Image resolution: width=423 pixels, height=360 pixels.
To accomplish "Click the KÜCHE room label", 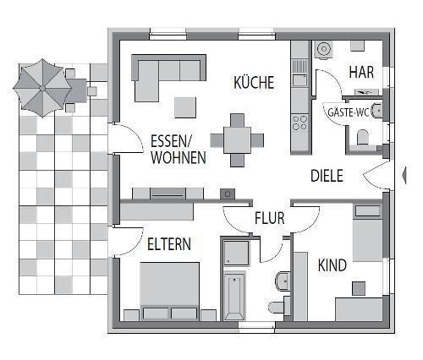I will pyautogui.click(x=254, y=83).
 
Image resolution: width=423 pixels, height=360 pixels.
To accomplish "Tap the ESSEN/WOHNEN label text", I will pyautogui.click(x=178, y=149).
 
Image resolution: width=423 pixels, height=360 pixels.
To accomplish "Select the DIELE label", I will pyautogui.click(x=327, y=177).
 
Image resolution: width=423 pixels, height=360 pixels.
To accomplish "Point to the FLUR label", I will pyautogui.click(x=269, y=219).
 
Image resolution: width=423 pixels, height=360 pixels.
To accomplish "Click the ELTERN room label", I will pyautogui.click(x=169, y=244).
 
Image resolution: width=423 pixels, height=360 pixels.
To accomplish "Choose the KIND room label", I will pyautogui.click(x=332, y=265).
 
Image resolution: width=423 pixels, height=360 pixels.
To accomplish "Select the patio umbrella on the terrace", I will pyautogui.click(x=42, y=86).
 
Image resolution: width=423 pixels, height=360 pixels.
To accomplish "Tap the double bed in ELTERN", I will pyautogui.click(x=169, y=291).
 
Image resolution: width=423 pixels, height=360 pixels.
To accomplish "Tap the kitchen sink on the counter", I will pyautogui.click(x=299, y=81).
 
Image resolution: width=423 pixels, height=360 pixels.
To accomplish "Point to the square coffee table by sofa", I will pyautogui.click(x=185, y=107).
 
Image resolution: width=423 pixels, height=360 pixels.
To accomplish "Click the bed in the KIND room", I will pyautogui.click(x=369, y=232).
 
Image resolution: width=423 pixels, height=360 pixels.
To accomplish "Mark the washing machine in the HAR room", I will pyautogui.click(x=323, y=51).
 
